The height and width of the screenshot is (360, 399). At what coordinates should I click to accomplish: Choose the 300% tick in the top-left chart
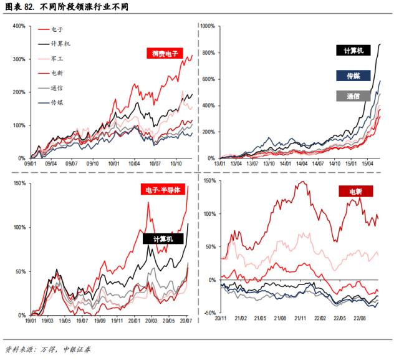[x=18, y=59]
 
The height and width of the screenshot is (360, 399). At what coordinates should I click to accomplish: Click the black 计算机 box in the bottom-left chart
[x=158, y=238]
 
